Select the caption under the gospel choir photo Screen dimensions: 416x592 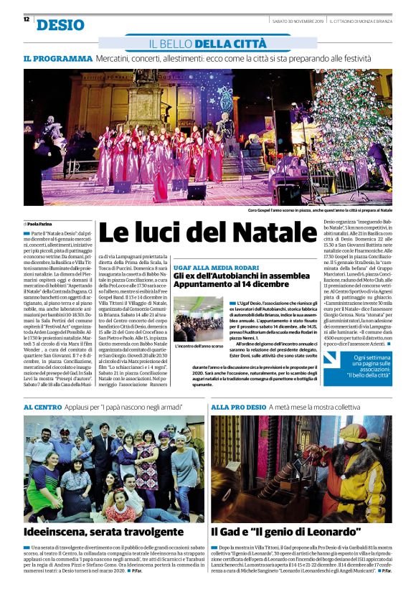[x=320, y=210]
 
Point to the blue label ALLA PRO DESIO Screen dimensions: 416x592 [x=239, y=407]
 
